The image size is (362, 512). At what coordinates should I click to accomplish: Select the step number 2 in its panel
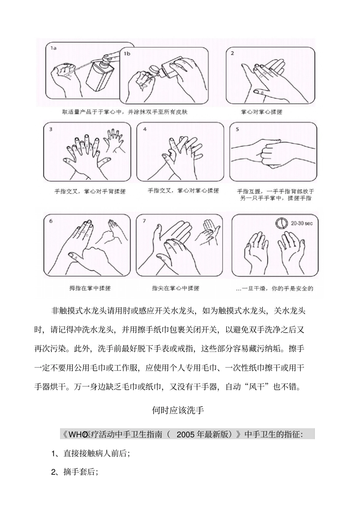[x=232, y=53]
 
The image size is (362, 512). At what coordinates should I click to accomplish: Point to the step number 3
[x=51, y=129]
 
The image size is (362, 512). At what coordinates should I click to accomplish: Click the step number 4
[x=145, y=129]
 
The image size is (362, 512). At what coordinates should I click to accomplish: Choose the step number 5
[x=237, y=129]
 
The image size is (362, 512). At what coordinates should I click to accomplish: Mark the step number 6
[x=51, y=221]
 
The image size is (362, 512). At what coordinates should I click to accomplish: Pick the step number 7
[x=145, y=221]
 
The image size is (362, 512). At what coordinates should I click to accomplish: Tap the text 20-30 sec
[x=301, y=223]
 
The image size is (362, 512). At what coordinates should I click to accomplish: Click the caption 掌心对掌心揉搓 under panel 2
[x=261, y=112]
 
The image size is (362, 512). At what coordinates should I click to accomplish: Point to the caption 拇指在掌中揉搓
[x=90, y=288]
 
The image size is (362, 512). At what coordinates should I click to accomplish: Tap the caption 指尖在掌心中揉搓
[x=176, y=288]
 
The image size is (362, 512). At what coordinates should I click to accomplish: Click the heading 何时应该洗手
[x=178, y=410]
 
